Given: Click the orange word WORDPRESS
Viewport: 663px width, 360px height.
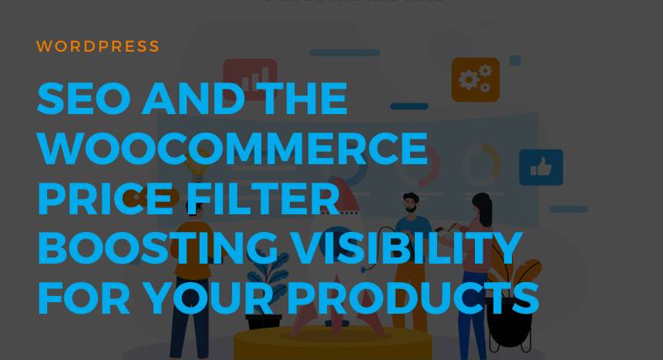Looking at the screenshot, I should click(x=98, y=46).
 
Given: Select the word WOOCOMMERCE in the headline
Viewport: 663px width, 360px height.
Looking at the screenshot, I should click(x=232, y=149).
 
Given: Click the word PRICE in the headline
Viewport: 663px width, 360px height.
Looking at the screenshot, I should click(x=90, y=199).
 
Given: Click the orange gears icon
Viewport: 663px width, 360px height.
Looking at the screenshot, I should click(x=475, y=79).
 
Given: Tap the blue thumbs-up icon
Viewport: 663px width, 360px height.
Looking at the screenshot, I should click(x=540, y=167).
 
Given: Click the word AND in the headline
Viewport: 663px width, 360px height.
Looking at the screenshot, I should click(x=189, y=99).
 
